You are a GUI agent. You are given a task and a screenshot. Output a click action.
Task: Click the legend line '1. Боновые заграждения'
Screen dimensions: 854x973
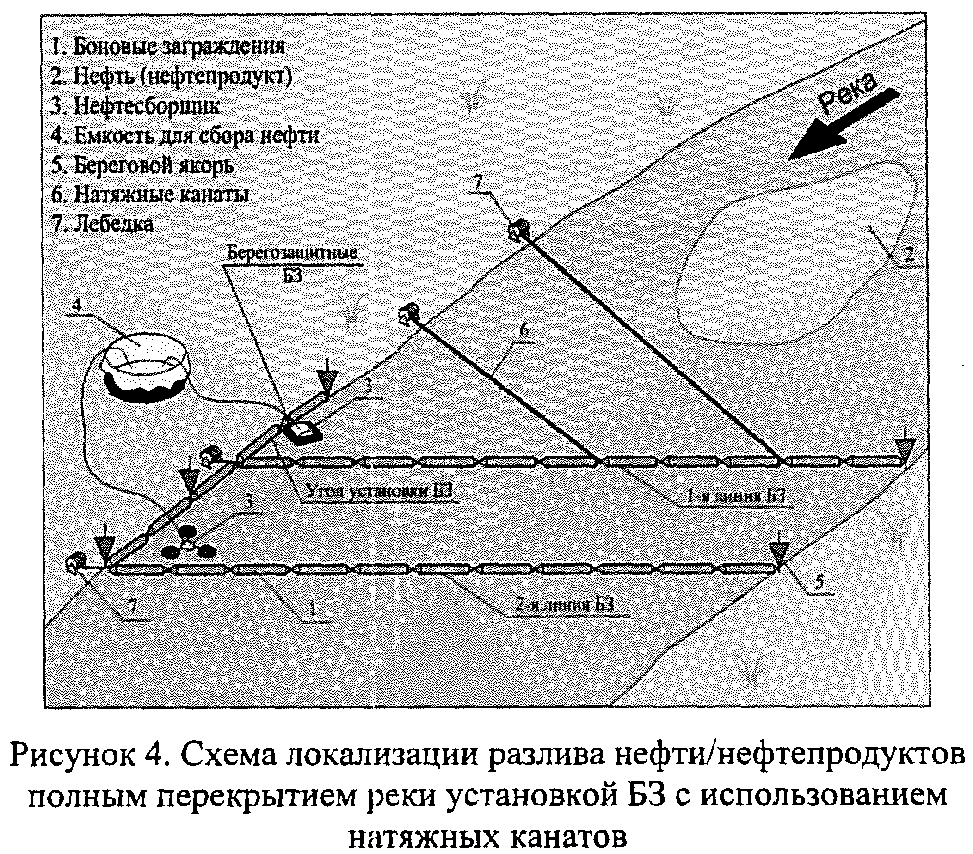point(167,47)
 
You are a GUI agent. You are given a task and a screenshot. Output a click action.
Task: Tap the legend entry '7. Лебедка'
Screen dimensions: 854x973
point(103,224)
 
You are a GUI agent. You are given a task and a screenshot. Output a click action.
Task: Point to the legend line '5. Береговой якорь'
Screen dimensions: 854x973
point(142,165)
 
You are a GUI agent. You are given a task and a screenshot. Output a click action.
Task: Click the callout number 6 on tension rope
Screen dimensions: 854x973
point(523,332)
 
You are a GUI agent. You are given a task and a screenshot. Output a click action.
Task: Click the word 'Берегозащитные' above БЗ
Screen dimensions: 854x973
point(291,252)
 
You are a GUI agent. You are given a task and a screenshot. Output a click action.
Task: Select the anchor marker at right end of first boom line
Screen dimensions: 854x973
point(904,449)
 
